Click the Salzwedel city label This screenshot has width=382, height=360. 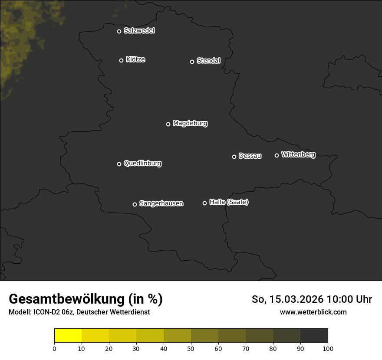point(139,31)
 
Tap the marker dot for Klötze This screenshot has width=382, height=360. point(122,60)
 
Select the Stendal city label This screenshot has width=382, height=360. point(208,61)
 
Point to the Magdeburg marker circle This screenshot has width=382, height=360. point(168,124)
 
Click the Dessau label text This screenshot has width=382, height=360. point(250,156)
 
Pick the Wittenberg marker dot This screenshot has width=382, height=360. point(277,155)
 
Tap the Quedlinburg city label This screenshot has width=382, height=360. point(142,164)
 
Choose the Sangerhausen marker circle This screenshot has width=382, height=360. point(135,204)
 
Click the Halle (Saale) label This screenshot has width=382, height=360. point(229,202)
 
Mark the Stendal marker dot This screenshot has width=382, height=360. point(192,62)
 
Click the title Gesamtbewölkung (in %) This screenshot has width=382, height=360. point(86,299)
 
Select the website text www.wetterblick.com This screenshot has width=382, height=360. point(313,312)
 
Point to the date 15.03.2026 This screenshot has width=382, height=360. point(296,299)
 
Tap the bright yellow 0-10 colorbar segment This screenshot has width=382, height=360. point(68,336)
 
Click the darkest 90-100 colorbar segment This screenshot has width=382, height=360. point(314,336)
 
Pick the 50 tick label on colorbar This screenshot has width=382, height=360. point(191,348)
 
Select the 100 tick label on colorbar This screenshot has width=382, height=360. point(328,348)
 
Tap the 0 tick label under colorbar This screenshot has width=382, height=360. point(54,348)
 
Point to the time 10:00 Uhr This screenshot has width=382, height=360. point(349,299)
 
